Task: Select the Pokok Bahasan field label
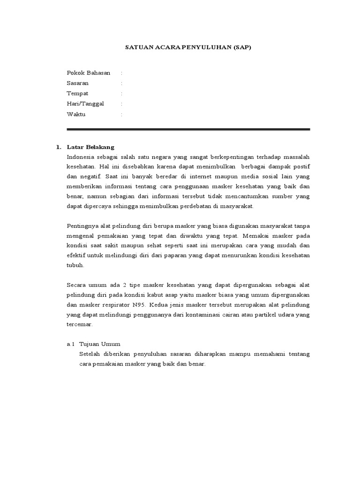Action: pyautogui.click(x=89, y=73)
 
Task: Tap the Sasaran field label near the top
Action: pyautogui.click(x=78, y=83)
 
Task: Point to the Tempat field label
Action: pyautogui.click(x=77, y=93)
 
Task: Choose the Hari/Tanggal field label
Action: pyautogui.click(x=85, y=104)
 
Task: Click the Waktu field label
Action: pyautogui.click(x=76, y=114)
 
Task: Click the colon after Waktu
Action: pyautogui.click(x=121, y=114)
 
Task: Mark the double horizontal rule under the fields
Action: pyautogui.click(x=188, y=129)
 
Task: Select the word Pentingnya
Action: pyautogui.click(x=83, y=226)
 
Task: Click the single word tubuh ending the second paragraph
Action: pyautogui.click(x=75, y=265)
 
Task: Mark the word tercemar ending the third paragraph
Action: pyautogui.click(x=80, y=324)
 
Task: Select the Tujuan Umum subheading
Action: pyautogui.click(x=100, y=344)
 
